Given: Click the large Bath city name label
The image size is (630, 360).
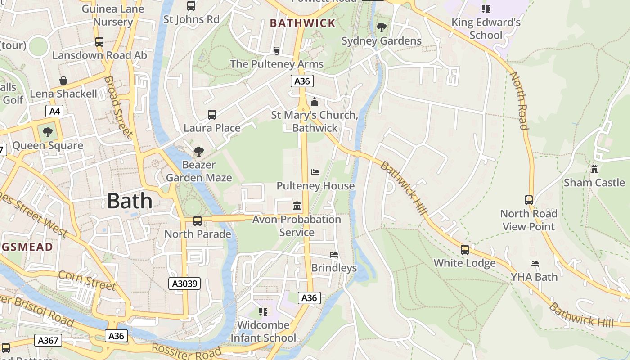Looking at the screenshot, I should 130,201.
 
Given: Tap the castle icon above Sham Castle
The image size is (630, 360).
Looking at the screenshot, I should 594,169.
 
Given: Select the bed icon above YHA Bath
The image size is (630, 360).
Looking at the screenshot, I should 535,264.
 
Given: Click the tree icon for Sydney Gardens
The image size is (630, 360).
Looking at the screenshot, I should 381,27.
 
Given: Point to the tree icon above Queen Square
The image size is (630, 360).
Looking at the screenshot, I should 47,132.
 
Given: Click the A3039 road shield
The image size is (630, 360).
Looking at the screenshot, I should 184,283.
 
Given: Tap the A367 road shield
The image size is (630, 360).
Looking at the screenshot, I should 48,340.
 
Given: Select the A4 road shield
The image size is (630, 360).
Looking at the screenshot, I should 54,111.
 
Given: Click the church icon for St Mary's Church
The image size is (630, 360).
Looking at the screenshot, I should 315,102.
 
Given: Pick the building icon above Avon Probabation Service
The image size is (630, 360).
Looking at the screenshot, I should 297,206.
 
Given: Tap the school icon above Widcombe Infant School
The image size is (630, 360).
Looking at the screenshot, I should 263,311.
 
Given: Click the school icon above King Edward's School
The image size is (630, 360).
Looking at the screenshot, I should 486,9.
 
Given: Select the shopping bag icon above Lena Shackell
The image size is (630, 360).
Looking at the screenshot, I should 63,81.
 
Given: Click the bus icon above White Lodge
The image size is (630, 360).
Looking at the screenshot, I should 465,250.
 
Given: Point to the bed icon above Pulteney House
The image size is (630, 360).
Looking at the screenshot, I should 315,172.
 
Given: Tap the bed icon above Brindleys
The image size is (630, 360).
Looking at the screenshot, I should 334,255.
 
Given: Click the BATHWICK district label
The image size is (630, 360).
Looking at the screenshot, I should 303,23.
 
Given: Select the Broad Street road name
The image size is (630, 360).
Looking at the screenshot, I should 118,107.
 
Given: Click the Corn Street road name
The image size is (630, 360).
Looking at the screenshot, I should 87,280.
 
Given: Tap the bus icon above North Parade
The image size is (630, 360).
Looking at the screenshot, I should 198,220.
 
